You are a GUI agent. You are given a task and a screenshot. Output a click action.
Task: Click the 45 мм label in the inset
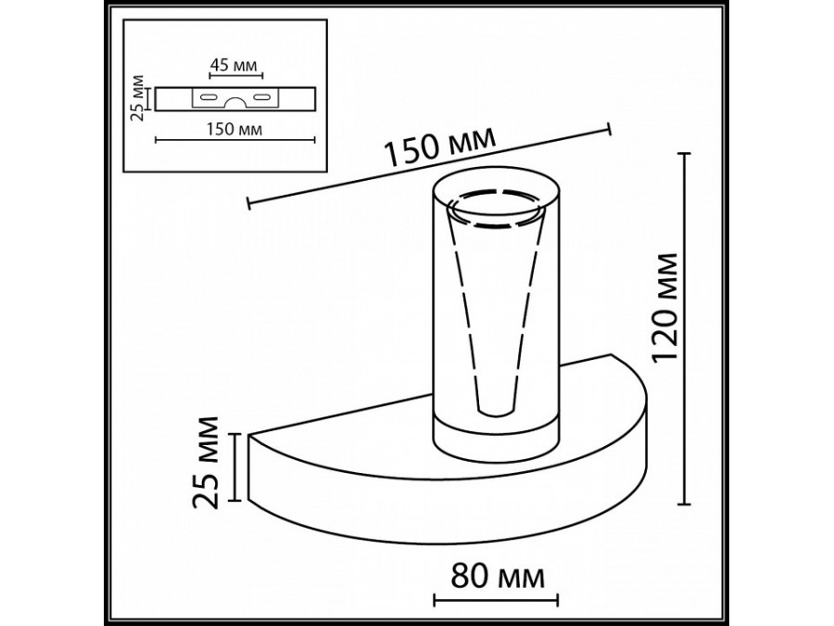click(x=231, y=65)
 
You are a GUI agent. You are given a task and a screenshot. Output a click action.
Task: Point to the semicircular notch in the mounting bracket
click(x=236, y=103)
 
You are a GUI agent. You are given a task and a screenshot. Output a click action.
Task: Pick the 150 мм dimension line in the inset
click(x=236, y=140)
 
